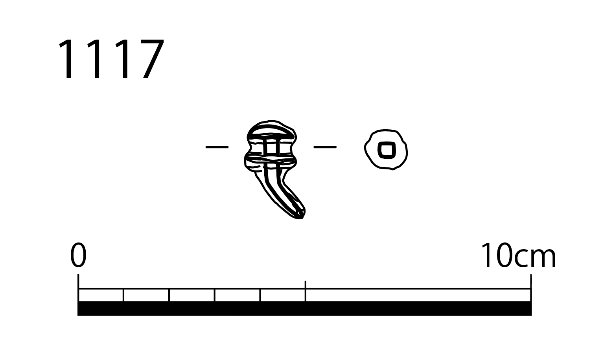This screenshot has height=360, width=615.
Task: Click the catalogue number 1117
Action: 111,59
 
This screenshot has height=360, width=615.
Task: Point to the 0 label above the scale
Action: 78,255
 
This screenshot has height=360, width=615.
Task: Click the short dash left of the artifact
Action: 217,147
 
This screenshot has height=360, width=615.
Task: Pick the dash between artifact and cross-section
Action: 325,147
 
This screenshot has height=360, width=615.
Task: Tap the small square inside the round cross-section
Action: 387,150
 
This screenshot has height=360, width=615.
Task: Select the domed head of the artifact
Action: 271,129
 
